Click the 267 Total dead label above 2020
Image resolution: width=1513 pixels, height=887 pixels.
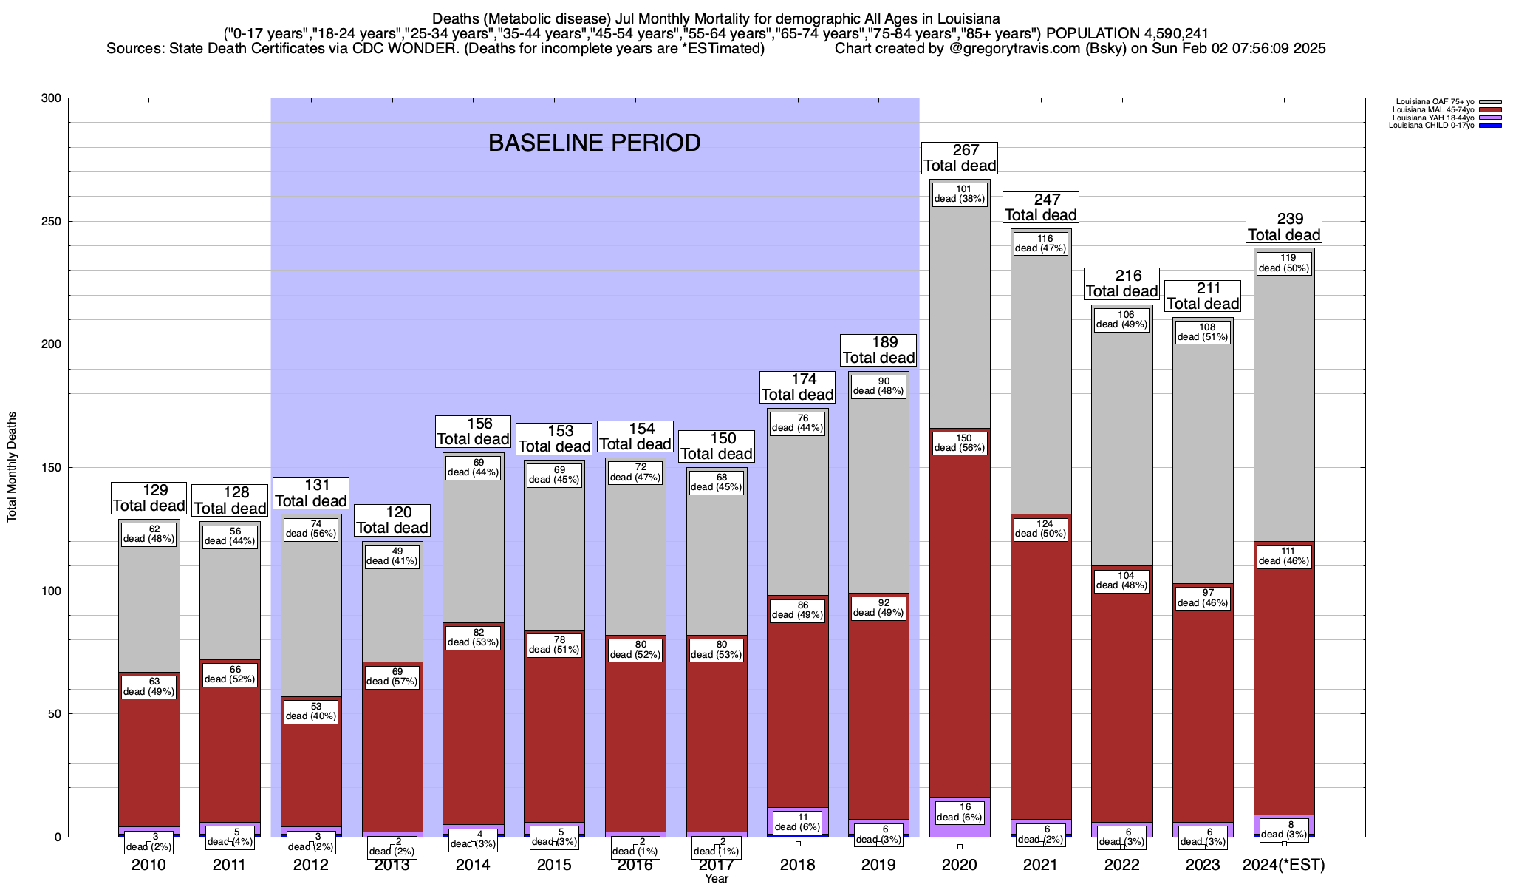pos(960,158)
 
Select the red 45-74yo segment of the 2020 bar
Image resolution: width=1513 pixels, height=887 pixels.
pos(960,628)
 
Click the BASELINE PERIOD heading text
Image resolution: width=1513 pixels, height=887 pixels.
pos(594,143)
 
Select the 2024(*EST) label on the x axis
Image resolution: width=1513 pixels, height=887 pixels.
pos(1284,865)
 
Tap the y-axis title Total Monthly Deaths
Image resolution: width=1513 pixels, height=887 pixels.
pos(12,467)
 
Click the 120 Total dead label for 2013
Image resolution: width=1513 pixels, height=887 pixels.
pos(392,520)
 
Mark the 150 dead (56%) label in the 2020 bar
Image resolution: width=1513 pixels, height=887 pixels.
pos(960,443)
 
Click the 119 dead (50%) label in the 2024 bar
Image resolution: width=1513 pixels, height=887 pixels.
pos(1284,263)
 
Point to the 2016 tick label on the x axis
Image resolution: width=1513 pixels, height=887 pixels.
pos(635,865)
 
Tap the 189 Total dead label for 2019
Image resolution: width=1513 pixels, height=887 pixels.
pos(878,350)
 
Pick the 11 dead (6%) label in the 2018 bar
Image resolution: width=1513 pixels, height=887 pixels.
pos(798,822)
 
